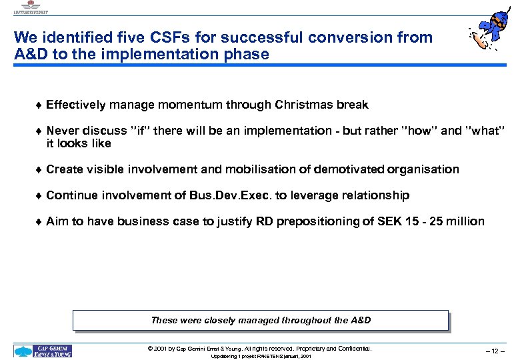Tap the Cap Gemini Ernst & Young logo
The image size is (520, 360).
pos(43,351)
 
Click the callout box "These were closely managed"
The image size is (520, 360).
pos(261,320)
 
